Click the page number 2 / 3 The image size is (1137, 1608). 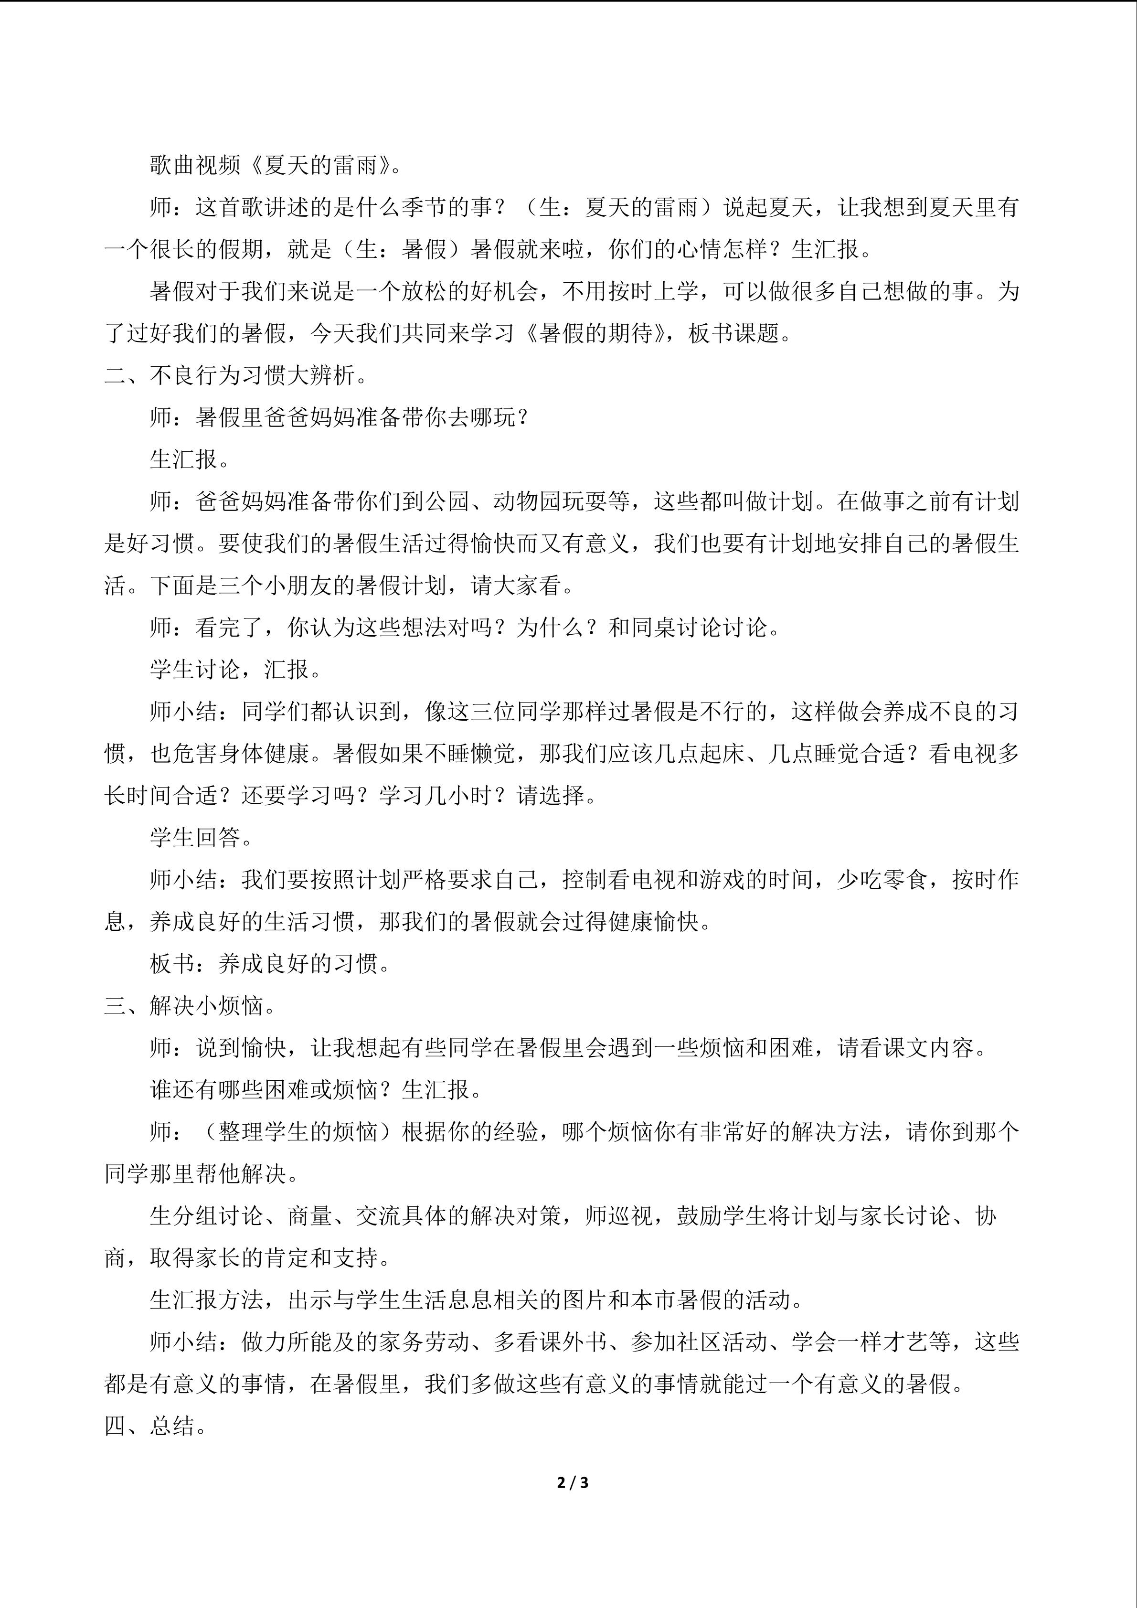point(572,1483)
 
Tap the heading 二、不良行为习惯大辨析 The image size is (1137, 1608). point(236,376)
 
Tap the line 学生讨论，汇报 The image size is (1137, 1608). point(235,670)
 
